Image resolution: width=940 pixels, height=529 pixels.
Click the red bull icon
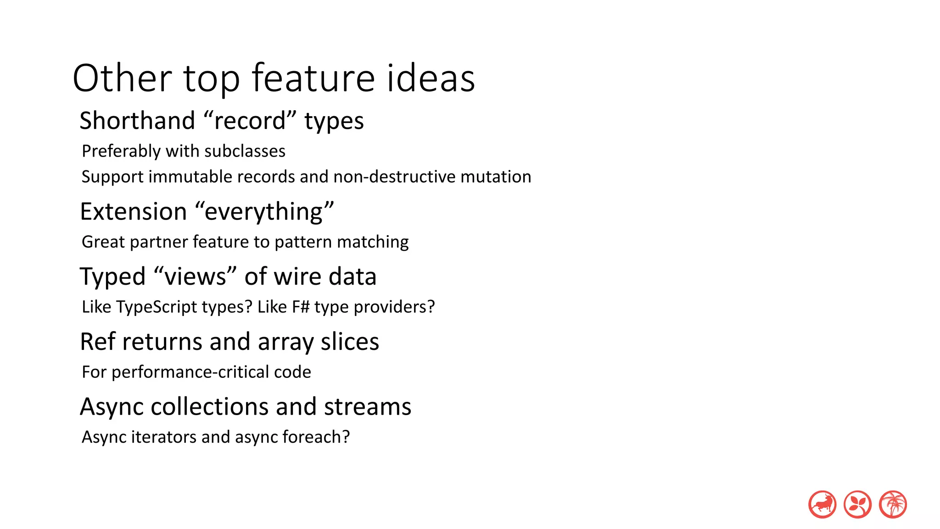point(822,504)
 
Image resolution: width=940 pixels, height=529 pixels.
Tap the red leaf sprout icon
point(857,504)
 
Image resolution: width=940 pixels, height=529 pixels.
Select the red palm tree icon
point(893,504)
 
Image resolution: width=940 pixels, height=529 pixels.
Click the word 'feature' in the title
point(313,78)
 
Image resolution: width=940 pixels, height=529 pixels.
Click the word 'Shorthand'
point(137,121)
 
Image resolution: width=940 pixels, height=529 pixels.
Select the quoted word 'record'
point(250,121)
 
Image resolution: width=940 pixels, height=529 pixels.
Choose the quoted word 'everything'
point(264,212)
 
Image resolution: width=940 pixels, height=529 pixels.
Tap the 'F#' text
point(301,307)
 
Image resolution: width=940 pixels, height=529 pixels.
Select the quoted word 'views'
point(195,276)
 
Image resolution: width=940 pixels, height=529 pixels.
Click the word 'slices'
point(350,342)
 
